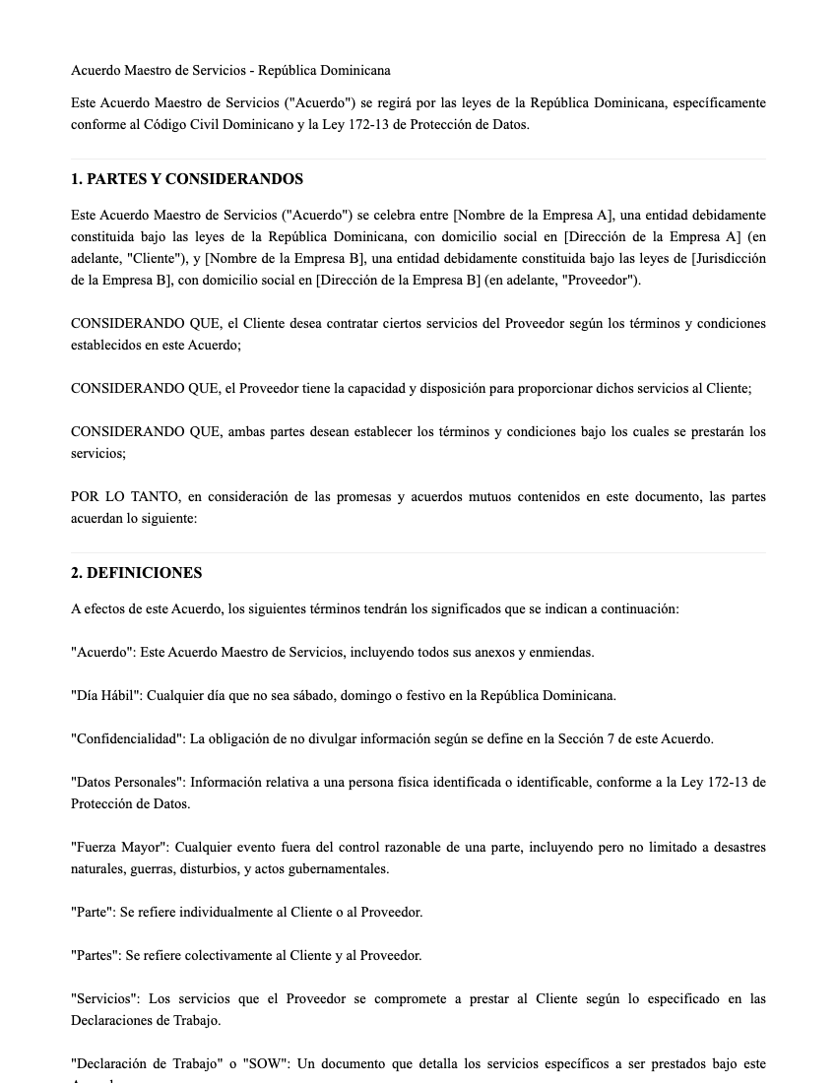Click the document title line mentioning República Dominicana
230,71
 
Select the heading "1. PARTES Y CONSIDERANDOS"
187,179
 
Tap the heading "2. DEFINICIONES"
136,573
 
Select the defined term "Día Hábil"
106,696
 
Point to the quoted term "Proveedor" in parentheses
600,281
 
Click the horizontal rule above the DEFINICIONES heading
418,552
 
